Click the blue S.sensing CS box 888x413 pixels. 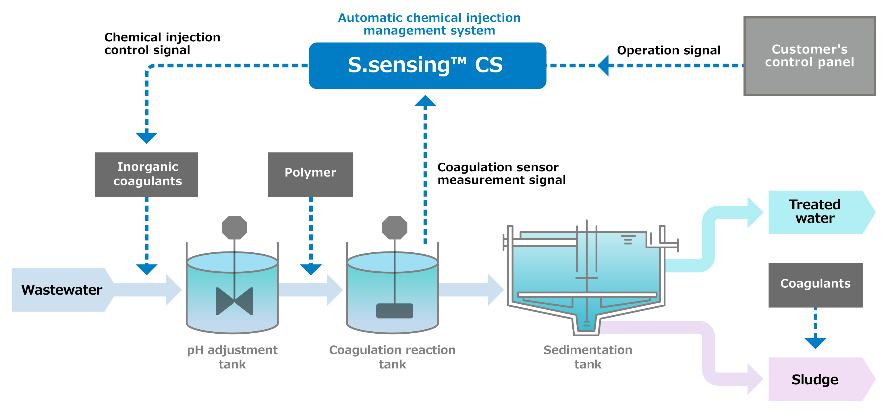click(x=427, y=66)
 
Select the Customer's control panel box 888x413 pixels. click(x=809, y=56)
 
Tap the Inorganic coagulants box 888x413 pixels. click(x=146, y=174)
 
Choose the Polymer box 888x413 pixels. click(x=310, y=174)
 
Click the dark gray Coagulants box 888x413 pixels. click(x=815, y=285)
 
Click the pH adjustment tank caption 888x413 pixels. click(x=232, y=357)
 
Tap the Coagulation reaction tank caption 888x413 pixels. click(x=392, y=357)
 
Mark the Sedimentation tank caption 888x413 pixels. click(x=588, y=357)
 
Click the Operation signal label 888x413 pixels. click(x=669, y=50)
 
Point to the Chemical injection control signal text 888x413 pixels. click(x=162, y=43)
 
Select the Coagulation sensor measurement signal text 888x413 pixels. click(x=501, y=174)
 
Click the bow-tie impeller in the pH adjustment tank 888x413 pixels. click(x=234, y=301)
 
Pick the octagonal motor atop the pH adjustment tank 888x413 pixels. click(x=234, y=227)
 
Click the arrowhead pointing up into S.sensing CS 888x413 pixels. click(x=425, y=100)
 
